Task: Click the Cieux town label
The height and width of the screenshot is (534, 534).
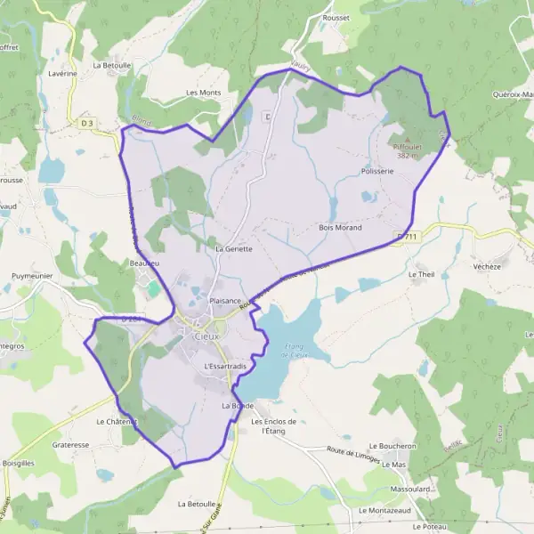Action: coord(206,336)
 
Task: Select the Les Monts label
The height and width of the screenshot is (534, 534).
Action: coord(203,93)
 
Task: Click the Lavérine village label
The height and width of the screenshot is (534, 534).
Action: coord(62,74)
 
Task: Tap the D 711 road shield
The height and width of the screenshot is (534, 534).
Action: coord(408,236)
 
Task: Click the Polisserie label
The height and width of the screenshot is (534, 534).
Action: coord(377,170)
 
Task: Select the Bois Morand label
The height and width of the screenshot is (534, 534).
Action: coord(340,228)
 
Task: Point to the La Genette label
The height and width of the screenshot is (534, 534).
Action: coord(234,249)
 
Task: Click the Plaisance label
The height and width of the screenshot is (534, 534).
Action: coord(225,301)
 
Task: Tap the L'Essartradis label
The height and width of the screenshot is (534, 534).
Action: coord(225,366)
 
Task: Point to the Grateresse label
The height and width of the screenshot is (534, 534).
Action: coord(71,443)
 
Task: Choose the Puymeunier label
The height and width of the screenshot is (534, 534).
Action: coord(34,277)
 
